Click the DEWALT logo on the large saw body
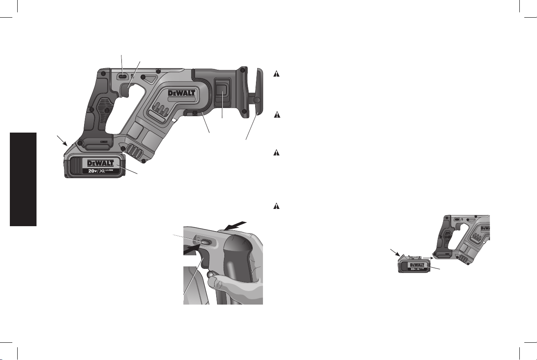pos(181,93)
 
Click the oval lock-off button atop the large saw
pos(123,77)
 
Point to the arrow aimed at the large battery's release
pos(62,141)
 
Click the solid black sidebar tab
pos(23,179)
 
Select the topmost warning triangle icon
pos(276,73)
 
